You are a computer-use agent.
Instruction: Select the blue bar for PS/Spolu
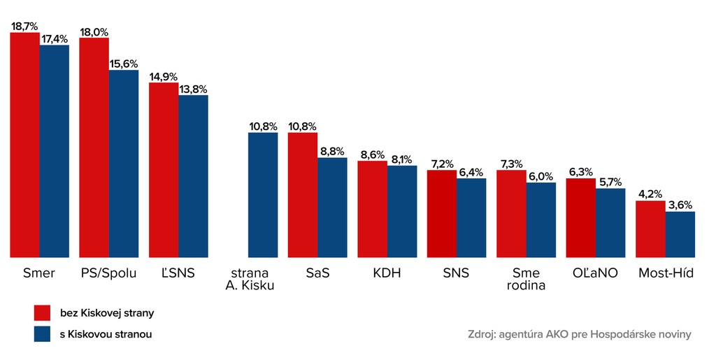124,164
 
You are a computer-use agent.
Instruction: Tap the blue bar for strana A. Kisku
263,195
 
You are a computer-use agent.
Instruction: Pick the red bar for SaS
303,195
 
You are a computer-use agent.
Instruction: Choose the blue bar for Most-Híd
680,234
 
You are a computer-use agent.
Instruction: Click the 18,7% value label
24,26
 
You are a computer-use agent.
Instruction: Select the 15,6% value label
124,64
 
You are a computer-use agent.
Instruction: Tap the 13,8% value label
194,89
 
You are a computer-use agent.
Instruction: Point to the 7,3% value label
511,164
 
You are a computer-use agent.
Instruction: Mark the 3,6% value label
680,205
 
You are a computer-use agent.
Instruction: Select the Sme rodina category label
526,279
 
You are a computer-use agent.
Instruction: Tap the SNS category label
457,273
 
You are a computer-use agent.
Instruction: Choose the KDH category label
387,273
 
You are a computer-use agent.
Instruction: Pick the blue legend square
43,334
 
